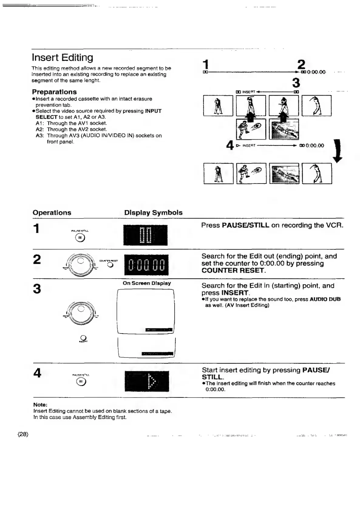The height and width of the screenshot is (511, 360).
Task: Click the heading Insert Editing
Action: [63, 58]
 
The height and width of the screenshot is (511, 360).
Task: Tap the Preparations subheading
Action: [54, 92]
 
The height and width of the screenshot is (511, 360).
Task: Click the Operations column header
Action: [52, 213]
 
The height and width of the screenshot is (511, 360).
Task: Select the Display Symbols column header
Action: [153, 213]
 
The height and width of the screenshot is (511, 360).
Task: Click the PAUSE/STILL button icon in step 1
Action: [80, 238]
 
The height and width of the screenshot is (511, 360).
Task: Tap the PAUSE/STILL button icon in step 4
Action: [81, 382]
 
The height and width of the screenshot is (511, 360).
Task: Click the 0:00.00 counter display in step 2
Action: [146, 265]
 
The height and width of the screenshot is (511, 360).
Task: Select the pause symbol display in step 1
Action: [145, 235]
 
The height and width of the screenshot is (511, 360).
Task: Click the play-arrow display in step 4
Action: [147, 381]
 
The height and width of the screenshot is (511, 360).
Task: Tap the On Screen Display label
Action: [147, 283]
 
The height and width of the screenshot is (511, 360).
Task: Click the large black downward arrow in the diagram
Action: [338, 151]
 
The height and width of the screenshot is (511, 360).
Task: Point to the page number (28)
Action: [23, 434]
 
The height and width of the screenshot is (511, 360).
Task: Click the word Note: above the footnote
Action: [40, 405]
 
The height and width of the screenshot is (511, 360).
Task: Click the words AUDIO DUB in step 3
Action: [325, 299]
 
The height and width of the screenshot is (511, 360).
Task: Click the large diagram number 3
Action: [296, 83]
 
